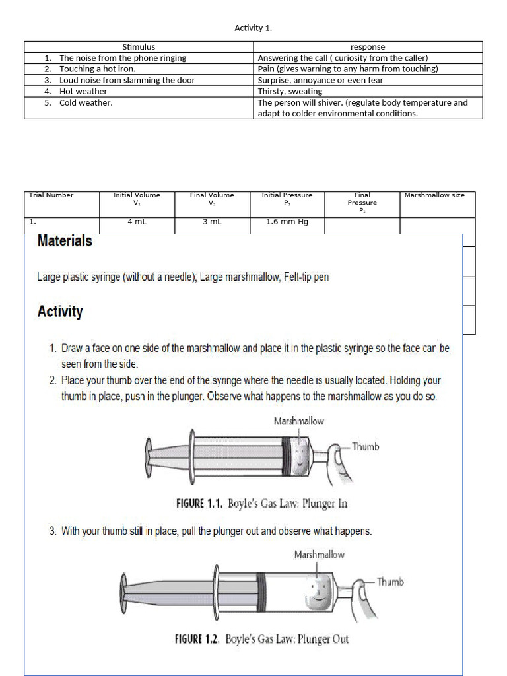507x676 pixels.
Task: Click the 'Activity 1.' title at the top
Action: [x=253, y=28]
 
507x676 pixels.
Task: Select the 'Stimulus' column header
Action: [x=139, y=47]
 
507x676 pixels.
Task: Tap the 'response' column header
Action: [x=368, y=47]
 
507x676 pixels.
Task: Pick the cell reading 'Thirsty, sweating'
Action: [x=290, y=91]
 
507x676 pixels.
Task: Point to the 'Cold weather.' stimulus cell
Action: [x=86, y=102]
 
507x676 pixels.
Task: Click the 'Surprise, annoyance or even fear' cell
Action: [x=320, y=80]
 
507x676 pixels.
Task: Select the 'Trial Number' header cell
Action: [x=51, y=195]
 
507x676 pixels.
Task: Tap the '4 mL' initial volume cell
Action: [x=137, y=222]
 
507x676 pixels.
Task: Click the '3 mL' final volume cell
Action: [x=212, y=222]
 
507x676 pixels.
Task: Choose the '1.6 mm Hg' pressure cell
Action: [x=287, y=222]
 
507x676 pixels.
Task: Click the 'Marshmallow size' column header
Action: [x=434, y=195]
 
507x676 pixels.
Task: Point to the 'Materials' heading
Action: [x=65, y=241]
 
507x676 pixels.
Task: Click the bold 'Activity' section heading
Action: [x=60, y=312]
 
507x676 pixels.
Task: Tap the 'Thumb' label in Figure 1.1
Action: [x=365, y=446]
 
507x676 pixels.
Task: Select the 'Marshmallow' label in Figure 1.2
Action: [x=319, y=555]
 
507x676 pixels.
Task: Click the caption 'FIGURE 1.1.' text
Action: [x=199, y=504]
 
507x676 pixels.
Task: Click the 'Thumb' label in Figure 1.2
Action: [x=389, y=582]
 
